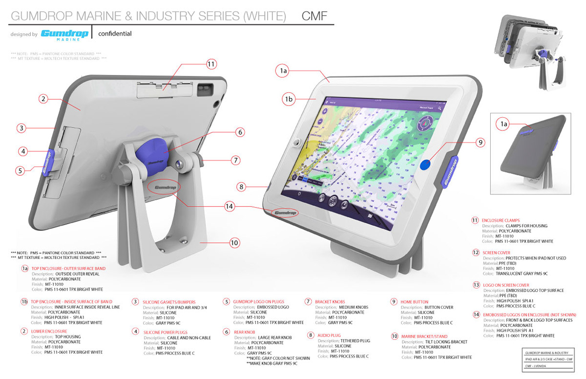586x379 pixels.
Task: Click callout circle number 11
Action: click(211, 64)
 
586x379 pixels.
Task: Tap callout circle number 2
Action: click(43, 99)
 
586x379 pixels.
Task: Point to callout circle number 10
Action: click(234, 242)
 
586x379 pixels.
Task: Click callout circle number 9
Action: click(480, 143)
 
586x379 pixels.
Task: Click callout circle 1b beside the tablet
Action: click(288, 99)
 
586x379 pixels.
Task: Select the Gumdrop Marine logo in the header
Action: click(64, 34)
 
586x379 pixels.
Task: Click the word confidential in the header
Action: click(115, 34)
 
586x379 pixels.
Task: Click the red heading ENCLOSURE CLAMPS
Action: click(501, 221)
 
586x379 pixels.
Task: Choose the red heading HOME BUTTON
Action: click(414, 302)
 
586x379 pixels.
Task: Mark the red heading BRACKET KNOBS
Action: click(332, 302)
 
